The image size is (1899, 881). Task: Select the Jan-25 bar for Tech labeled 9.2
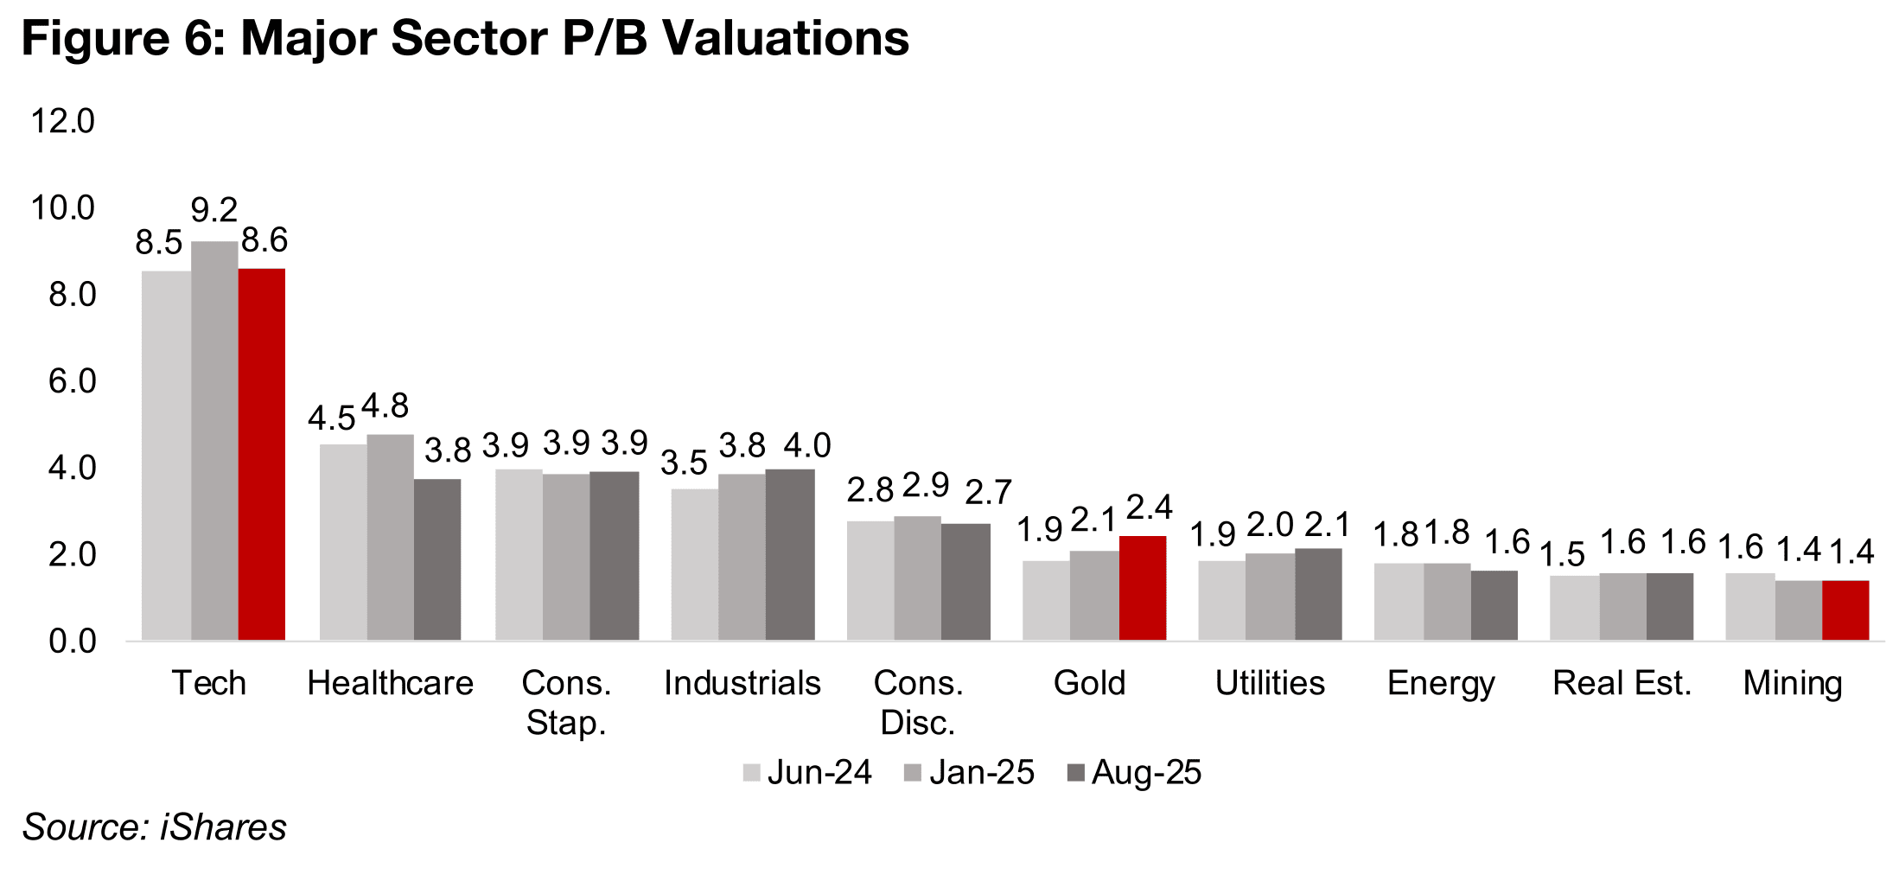[x=214, y=441]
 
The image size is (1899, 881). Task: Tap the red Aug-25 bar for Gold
[x=1143, y=588]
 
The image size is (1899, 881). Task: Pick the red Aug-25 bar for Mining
[x=1845, y=610]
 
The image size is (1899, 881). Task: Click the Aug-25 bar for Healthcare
[x=437, y=559]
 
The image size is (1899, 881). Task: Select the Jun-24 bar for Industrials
[x=695, y=565]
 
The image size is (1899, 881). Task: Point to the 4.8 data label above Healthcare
[x=385, y=405]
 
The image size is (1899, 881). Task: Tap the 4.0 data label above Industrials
[x=806, y=446]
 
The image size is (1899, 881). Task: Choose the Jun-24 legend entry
[x=808, y=772]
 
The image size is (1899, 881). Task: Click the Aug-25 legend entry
[x=1135, y=772]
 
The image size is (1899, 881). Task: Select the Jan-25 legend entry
[x=970, y=772]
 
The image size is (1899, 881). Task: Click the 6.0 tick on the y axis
[x=72, y=381]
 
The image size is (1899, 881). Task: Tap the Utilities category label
[x=1270, y=683]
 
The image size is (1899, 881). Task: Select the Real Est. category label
[x=1622, y=683]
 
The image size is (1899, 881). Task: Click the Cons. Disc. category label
[x=918, y=702]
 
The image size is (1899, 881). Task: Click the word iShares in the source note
[x=223, y=827]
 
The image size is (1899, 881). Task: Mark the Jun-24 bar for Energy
[x=1398, y=602]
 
